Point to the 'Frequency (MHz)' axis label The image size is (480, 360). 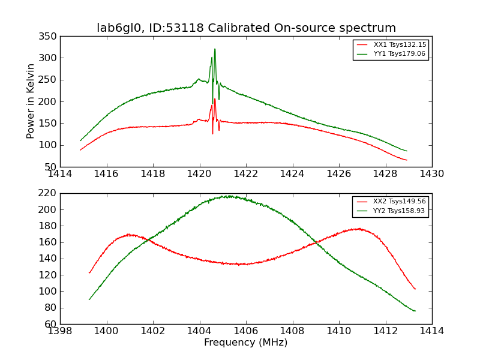pos(245,343)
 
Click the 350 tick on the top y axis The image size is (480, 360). pos(50,37)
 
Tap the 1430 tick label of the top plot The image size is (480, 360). pos(431,173)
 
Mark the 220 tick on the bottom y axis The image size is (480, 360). pos(50,193)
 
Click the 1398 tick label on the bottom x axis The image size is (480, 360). pos(61,331)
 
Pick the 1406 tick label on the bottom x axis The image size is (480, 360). pos(246,331)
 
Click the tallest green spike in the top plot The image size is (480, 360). pos(215,49)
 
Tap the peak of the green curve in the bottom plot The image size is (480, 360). pos(228,196)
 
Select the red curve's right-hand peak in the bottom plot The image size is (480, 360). pos(358,229)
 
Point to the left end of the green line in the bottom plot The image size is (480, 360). pos(89,299)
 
